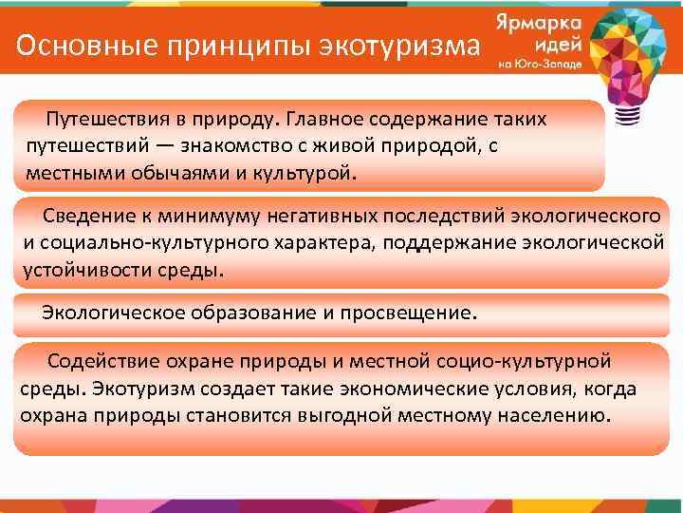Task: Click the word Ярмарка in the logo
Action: point(535,23)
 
